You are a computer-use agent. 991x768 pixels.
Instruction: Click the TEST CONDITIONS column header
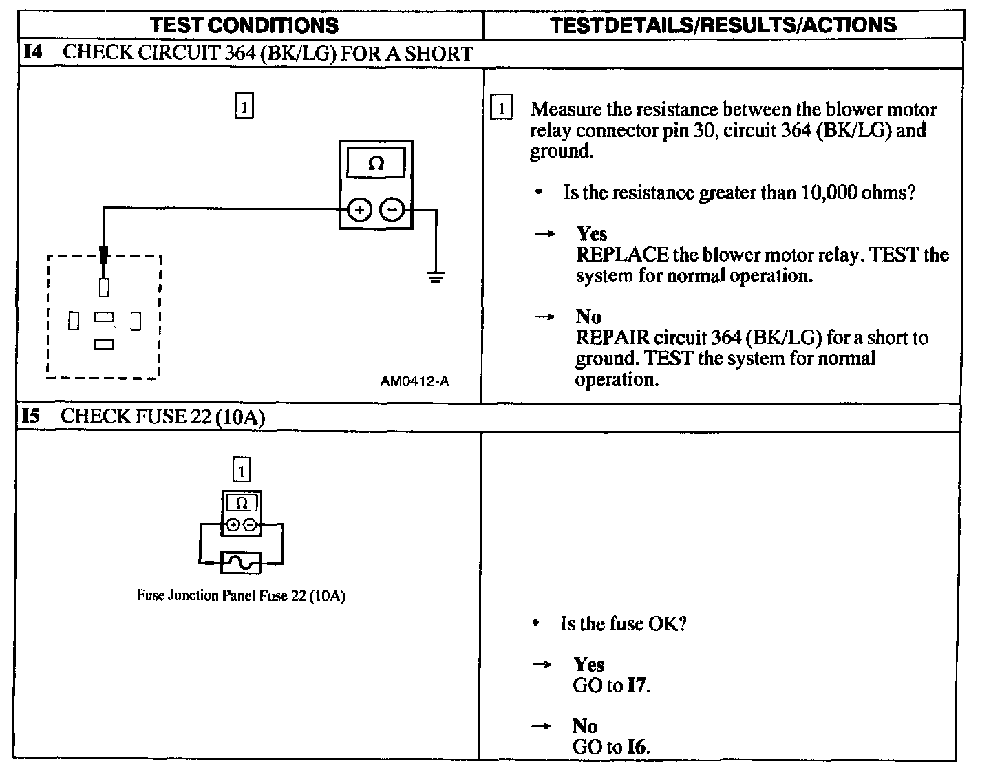pyautogui.click(x=244, y=25)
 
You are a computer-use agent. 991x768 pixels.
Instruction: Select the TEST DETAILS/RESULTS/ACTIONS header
pyautogui.click(x=723, y=25)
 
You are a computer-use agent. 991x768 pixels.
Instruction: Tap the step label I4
pyautogui.click(x=34, y=53)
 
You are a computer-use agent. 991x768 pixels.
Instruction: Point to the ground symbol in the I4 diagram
pyautogui.click(x=435, y=277)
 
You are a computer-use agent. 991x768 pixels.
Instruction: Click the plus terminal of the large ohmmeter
pyautogui.click(x=359, y=209)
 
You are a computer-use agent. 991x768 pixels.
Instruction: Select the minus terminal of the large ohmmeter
pyautogui.click(x=393, y=209)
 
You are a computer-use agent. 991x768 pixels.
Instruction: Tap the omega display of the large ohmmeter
pyautogui.click(x=376, y=164)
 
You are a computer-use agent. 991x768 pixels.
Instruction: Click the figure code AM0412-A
pyautogui.click(x=414, y=381)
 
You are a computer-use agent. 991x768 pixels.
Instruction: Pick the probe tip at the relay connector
pyautogui.click(x=104, y=255)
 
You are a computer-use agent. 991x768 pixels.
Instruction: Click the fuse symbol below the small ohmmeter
pyautogui.click(x=241, y=563)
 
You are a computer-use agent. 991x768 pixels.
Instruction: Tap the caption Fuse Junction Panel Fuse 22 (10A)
pyautogui.click(x=241, y=596)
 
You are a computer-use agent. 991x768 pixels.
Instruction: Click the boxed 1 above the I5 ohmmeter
pyautogui.click(x=242, y=471)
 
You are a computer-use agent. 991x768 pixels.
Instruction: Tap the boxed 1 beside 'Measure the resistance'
pyautogui.click(x=501, y=109)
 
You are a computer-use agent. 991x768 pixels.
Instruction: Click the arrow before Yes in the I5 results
pyautogui.click(x=542, y=665)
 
